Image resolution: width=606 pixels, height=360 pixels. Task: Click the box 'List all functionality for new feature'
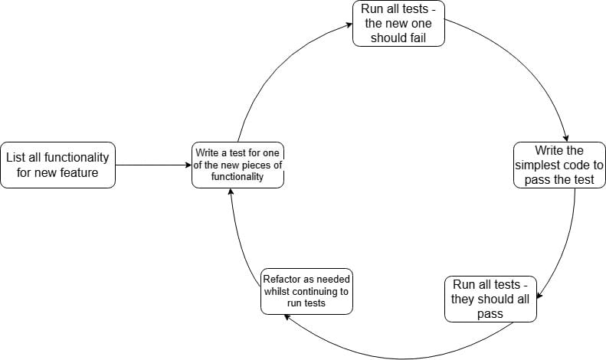pyautogui.click(x=58, y=165)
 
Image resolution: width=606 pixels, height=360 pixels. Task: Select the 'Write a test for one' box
pyautogui.click(x=237, y=165)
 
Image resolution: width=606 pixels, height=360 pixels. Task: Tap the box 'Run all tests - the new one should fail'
pyautogui.click(x=398, y=24)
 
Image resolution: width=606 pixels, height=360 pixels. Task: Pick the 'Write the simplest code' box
pyautogui.click(x=559, y=165)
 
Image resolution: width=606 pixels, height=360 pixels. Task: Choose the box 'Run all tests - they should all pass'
pyautogui.click(x=490, y=299)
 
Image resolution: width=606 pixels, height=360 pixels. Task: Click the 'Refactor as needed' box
pyautogui.click(x=306, y=291)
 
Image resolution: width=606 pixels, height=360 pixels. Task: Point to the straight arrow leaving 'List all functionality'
pyautogui.click(x=153, y=165)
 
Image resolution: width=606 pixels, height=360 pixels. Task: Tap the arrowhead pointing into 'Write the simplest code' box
pyautogui.click(x=565, y=136)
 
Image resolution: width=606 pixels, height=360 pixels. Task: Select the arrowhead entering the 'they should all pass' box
pyautogui.click(x=539, y=296)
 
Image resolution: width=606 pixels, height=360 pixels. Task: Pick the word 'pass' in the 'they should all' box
pyautogui.click(x=490, y=313)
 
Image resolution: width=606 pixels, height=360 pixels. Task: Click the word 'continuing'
pyautogui.click(x=316, y=291)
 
